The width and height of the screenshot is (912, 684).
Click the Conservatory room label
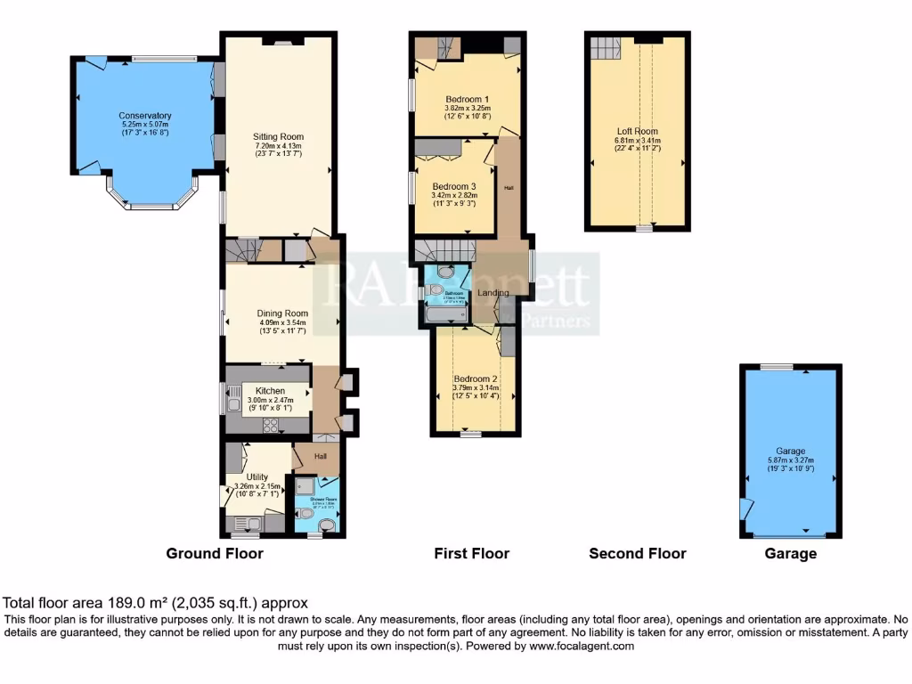(145, 116)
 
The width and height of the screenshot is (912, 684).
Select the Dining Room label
(282, 313)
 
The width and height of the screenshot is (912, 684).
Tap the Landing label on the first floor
(493, 293)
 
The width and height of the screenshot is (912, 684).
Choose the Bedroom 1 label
(468, 99)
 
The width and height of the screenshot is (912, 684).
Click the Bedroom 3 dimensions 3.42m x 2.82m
(454, 195)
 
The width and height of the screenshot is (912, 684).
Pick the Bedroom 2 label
(475, 379)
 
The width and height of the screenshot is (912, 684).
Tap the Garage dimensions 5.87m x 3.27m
(790, 460)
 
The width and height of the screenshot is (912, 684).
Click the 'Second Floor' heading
(638, 554)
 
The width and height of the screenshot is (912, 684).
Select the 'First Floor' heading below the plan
(471, 554)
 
